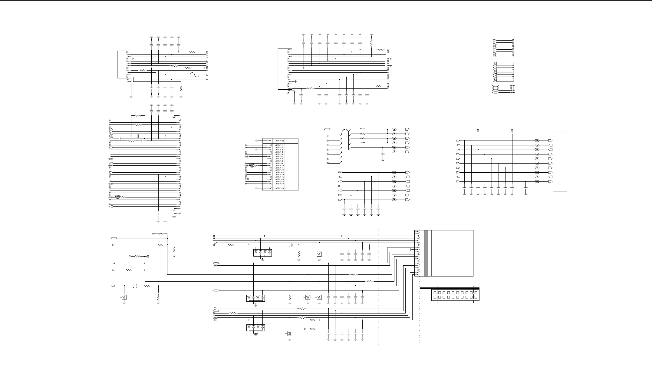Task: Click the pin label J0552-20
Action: coord(279,141)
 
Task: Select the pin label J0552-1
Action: coord(279,145)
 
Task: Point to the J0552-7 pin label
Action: coord(279,159)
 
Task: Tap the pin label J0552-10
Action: coord(279,166)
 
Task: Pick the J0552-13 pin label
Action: coord(279,172)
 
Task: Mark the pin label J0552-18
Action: coord(279,184)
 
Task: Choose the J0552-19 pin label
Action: coord(279,188)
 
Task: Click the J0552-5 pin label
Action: coord(279,154)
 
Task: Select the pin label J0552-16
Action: coord(279,179)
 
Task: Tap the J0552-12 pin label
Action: coord(279,170)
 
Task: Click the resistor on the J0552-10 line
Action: coord(256,166)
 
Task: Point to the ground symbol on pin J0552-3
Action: coord(256,150)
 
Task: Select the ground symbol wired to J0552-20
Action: coord(256,141)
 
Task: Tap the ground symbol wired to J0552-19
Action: coord(256,188)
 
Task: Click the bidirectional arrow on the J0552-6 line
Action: coord(247,157)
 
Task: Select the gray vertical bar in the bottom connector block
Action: coord(426,253)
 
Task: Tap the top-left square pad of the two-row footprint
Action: coord(435,293)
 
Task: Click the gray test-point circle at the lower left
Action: coord(148,257)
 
